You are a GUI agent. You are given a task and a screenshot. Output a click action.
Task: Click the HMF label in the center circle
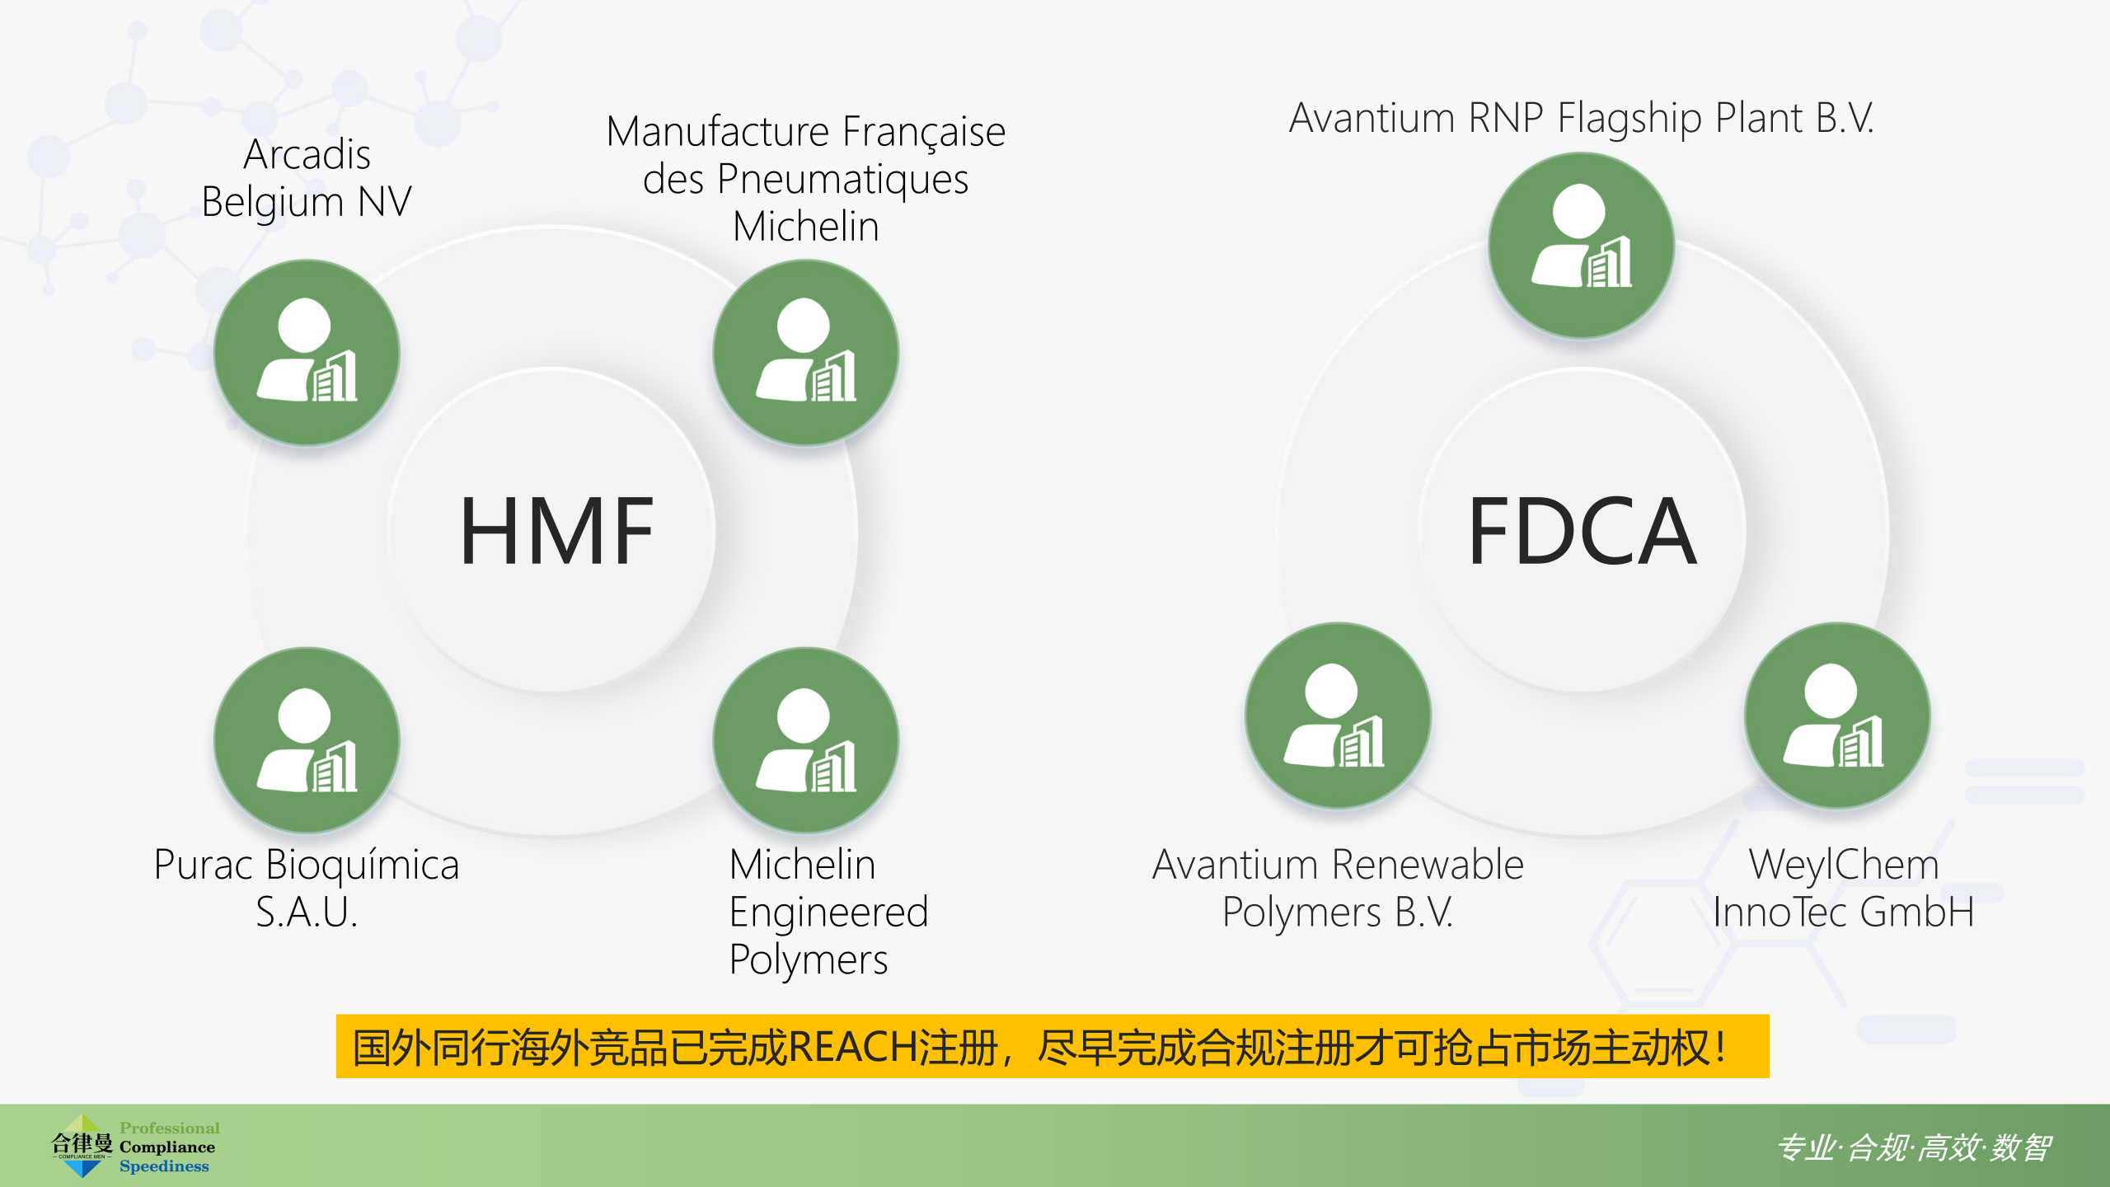click(x=557, y=531)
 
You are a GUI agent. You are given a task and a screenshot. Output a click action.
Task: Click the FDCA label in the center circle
click(x=1582, y=531)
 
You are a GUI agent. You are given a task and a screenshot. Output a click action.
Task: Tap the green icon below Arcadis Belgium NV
click(x=307, y=353)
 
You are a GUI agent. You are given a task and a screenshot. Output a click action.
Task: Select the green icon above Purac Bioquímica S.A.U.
click(x=307, y=740)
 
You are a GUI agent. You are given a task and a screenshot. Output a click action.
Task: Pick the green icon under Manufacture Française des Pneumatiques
click(x=805, y=353)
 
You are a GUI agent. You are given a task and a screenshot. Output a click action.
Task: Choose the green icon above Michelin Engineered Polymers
click(x=805, y=740)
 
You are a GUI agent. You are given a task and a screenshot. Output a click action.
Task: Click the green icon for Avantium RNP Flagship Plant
click(x=1581, y=245)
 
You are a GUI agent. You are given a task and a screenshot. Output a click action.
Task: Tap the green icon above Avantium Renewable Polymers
click(x=1338, y=715)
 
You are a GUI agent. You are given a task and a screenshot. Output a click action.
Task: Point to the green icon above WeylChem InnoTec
click(x=1837, y=715)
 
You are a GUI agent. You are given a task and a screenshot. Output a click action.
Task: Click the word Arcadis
click(x=307, y=154)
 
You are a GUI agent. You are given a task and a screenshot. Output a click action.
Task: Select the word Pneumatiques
click(x=842, y=181)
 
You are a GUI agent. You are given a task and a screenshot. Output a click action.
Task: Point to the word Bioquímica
click(x=363, y=866)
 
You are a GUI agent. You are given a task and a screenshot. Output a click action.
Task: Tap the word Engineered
click(x=828, y=913)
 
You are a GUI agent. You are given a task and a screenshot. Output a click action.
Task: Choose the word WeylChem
click(x=1844, y=866)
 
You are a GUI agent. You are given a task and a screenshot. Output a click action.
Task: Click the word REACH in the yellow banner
click(x=853, y=1048)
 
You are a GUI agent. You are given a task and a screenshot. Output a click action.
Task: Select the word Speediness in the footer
click(x=164, y=1166)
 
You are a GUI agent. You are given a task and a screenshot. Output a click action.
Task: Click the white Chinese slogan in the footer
click(x=1914, y=1147)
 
